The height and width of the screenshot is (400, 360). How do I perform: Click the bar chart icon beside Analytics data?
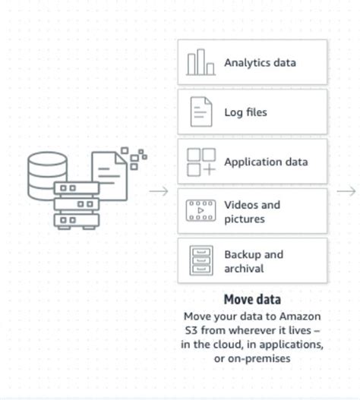tap(201, 63)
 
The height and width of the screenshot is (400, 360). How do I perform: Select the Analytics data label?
tap(260, 63)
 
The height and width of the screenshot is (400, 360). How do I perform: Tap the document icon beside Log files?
tap(201, 112)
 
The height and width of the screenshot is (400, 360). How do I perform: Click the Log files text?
tap(245, 112)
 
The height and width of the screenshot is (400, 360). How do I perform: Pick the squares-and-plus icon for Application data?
tap(201, 162)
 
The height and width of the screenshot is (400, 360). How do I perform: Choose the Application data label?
tap(265, 162)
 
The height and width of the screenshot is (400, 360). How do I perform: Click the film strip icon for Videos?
tap(201, 211)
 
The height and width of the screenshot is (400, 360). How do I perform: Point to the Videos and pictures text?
tap(251, 212)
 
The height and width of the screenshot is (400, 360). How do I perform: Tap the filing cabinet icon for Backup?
tap(201, 261)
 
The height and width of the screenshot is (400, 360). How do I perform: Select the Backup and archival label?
tap(253, 261)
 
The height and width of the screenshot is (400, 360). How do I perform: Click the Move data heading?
tap(252, 299)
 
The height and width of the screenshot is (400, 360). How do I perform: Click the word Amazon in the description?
tap(301, 316)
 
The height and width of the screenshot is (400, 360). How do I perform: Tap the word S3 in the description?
tap(192, 330)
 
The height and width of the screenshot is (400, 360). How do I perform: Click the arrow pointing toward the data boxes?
tap(159, 191)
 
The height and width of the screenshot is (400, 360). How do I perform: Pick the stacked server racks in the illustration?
tap(76, 205)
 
